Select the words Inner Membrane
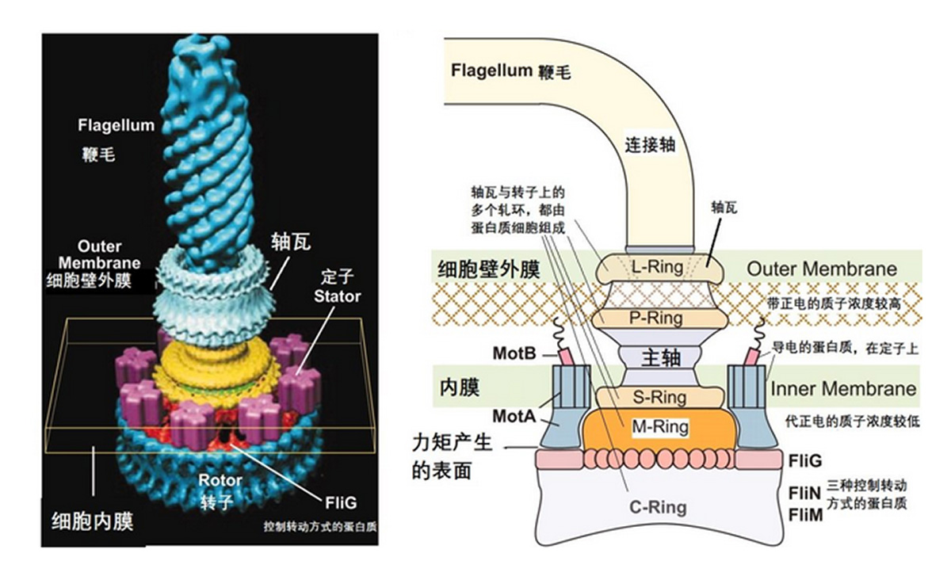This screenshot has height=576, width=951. point(842,389)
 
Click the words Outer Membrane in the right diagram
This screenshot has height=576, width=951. point(822,268)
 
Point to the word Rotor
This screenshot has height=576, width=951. point(221,480)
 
